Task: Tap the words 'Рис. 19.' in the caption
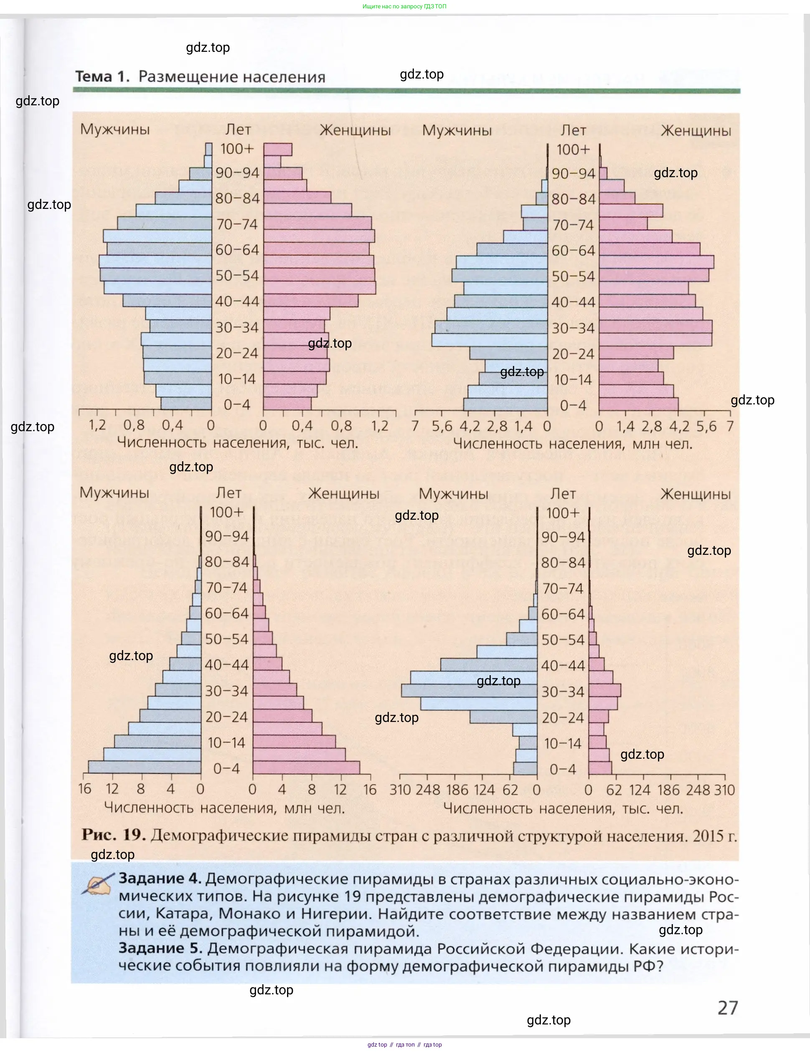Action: click(x=114, y=834)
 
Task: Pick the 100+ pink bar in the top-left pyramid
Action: click(x=277, y=149)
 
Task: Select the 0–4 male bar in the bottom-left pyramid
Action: click(x=145, y=767)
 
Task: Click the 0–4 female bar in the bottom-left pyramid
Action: click(x=306, y=767)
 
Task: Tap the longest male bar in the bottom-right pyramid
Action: click(x=469, y=691)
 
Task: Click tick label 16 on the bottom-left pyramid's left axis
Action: click(x=85, y=789)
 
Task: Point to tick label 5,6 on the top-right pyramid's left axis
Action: click(x=442, y=426)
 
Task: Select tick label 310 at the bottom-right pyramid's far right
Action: click(x=724, y=790)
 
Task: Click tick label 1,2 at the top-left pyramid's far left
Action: click(x=97, y=425)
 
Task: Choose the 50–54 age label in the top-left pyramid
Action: click(x=237, y=275)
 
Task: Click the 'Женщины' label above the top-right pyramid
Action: click(x=696, y=130)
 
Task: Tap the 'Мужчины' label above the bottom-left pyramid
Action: click(x=114, y=493)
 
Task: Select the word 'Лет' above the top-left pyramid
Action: click(x=238, y=130)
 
